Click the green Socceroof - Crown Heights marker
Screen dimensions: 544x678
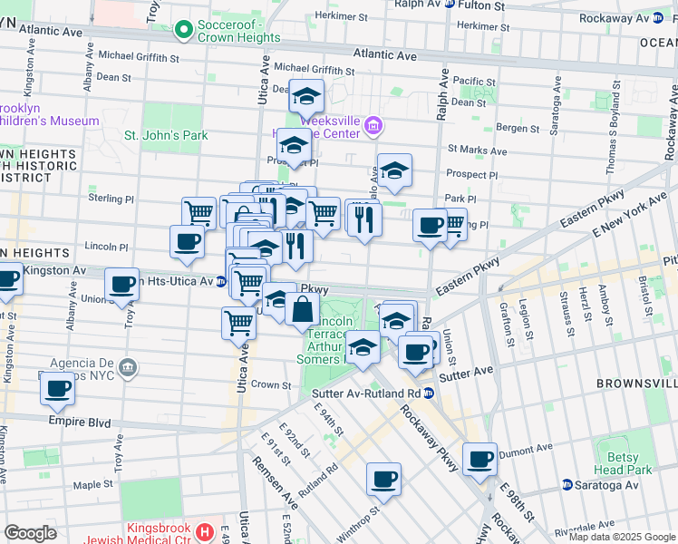click(185, 31)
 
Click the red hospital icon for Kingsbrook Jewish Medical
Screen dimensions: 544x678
click(206, 530)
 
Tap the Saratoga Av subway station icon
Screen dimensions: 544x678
click(567, 485)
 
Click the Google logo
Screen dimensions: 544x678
click(31, 533)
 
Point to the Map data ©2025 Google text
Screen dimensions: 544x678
click(621, 537)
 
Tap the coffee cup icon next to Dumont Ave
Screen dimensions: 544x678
click(479, 458)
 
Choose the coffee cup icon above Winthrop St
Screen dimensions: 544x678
click(383, 478)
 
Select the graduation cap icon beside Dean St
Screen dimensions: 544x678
click(306, 95)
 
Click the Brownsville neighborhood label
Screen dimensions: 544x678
click(636, 384)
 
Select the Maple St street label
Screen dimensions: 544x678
click(92, 485)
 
